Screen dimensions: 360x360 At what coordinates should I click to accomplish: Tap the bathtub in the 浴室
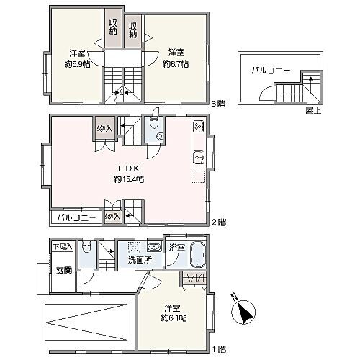pyautogui.click(x=198, y=254)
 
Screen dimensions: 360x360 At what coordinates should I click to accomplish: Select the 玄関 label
pyautogui.click(x=64, y=271)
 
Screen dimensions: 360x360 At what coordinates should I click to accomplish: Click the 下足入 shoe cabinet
pyautogui.click(x=63, y=246)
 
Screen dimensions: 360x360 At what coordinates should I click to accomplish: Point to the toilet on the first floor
pyautogui.click(x=87, y=248)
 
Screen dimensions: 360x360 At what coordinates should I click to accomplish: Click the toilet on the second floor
pyautogui.click(x=155, y=123)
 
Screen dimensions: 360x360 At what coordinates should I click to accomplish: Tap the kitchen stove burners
pyautogui.click(x=199, y=126)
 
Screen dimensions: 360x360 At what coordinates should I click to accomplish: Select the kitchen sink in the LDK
pyautogui.click(x=199, y=158)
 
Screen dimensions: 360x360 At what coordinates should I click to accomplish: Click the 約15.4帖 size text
pyautogui.click(x=129, y=179)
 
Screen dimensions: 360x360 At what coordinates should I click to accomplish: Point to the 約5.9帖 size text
pyautogui.click(x=78, y=64)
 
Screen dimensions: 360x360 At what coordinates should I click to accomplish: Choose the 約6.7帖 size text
pyautogui.click(x=176, y=64)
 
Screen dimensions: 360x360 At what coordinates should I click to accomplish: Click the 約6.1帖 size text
pyautogui.click(x=174, y=318)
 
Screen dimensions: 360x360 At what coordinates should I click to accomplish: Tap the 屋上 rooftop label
pyautogui.click(x=313, y=110)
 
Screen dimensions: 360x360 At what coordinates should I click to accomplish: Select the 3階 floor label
pyautogui.click(x=218, y=104)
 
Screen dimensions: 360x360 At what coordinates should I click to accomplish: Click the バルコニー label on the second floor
pyautogui.click(x=76, y=217)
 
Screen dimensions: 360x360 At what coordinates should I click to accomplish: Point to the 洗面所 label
pyautogui.click(x=140, y=260)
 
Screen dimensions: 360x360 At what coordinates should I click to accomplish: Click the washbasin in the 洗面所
pyautogui.click(x=155, y=247)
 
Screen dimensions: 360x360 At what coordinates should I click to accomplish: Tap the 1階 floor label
pyautogui.click(x=219, y=349)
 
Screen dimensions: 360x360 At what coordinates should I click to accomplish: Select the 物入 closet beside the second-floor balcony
pyautogui.click(x=113, y=217)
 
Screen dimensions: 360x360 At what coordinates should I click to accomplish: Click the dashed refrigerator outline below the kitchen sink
pyautogui.click(x=199, y=176)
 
